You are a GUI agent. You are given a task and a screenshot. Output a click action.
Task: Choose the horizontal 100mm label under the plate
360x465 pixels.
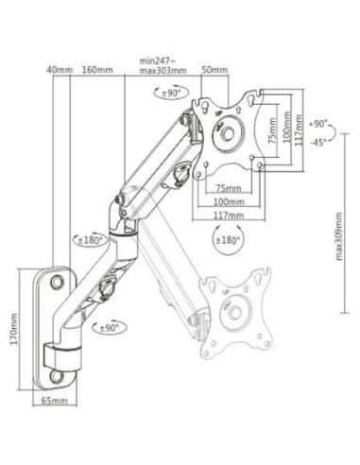point(227,201)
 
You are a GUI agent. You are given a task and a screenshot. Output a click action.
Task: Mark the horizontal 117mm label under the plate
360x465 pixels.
point(227,215)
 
